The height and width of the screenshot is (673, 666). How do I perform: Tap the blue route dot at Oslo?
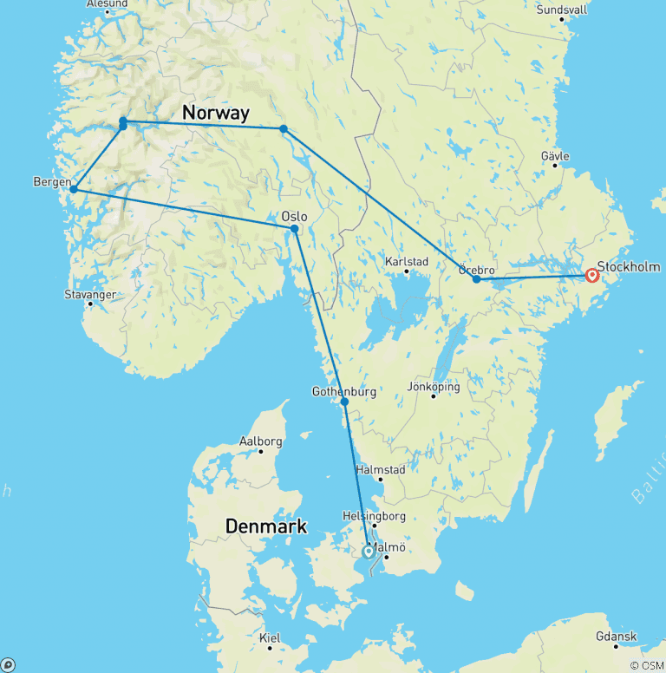click(x=295, y=229)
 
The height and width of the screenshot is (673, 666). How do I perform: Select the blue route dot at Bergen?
click(x=74, y=189)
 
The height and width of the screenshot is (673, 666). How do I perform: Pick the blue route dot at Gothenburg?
click(x=344, y=402)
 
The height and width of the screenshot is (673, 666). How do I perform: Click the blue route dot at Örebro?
click(x=476, y=279)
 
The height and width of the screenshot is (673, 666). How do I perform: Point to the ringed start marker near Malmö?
click(x=369, y=551)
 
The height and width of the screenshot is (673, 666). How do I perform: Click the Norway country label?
click(x=216, y=113)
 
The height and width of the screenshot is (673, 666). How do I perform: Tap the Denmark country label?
click(x=266, y=526)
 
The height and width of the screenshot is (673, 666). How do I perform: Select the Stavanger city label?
click(x=90, y=295)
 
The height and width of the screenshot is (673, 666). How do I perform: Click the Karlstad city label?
click(x=406, y=261)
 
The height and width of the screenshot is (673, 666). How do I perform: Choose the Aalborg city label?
click(x=260, y=441)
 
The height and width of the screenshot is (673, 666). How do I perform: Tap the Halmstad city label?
click(x=380, y=470)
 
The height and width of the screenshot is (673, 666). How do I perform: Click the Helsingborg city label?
click(x=375, y=516)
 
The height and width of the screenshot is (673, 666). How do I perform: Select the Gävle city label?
click(x=555, y=156)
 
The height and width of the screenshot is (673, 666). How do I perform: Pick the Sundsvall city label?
click(x=562, y=10)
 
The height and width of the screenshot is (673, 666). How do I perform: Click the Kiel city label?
click(x=270, y=638)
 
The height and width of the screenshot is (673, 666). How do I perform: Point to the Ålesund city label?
click(x=107, y=4)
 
